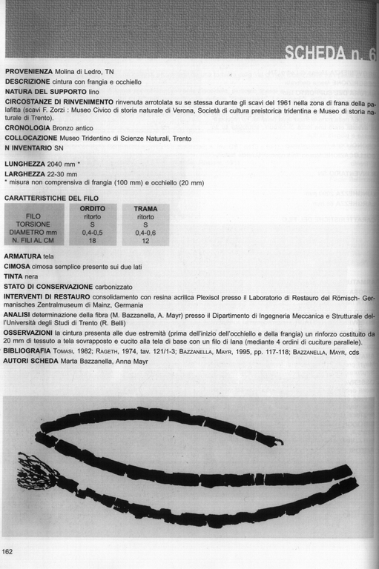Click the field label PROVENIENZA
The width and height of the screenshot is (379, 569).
point(29,71)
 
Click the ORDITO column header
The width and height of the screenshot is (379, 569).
point(93,209)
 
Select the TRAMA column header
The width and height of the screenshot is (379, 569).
point(145,209)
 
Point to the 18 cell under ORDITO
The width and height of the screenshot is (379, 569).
point(93,241)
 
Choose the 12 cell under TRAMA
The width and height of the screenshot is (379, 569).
point(145,241)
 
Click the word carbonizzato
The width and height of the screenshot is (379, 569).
point(137,286)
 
